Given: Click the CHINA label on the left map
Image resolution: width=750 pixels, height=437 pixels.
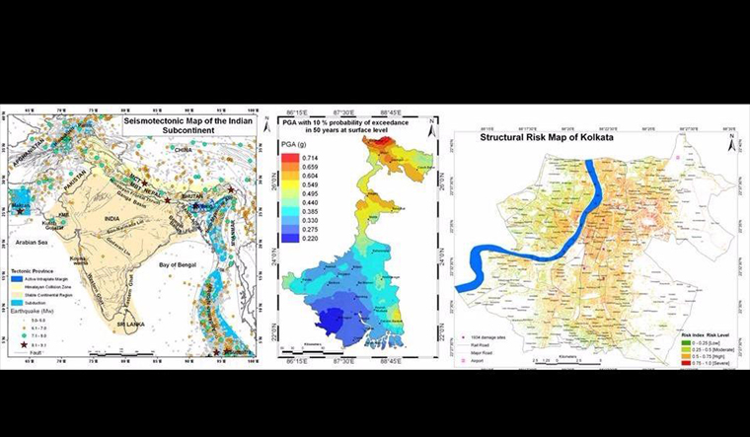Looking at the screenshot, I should [x=183, y=149].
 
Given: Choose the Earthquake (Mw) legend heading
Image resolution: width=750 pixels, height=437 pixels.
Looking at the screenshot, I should [x=33, y=313].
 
